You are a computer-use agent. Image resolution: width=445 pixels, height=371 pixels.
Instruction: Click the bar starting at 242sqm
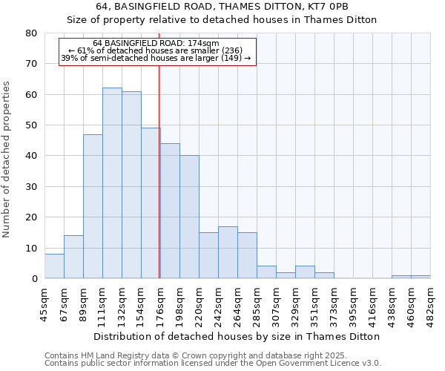tap(228, 252)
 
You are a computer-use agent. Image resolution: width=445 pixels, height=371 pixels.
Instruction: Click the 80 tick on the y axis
tap(31, 33)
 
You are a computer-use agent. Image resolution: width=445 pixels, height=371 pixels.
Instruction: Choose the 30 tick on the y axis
tap(31, 186)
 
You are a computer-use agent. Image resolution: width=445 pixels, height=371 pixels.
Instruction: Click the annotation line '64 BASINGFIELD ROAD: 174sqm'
tap(156, 43)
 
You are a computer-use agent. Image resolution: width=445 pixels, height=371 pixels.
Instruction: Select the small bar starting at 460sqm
tap(421, 277)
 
